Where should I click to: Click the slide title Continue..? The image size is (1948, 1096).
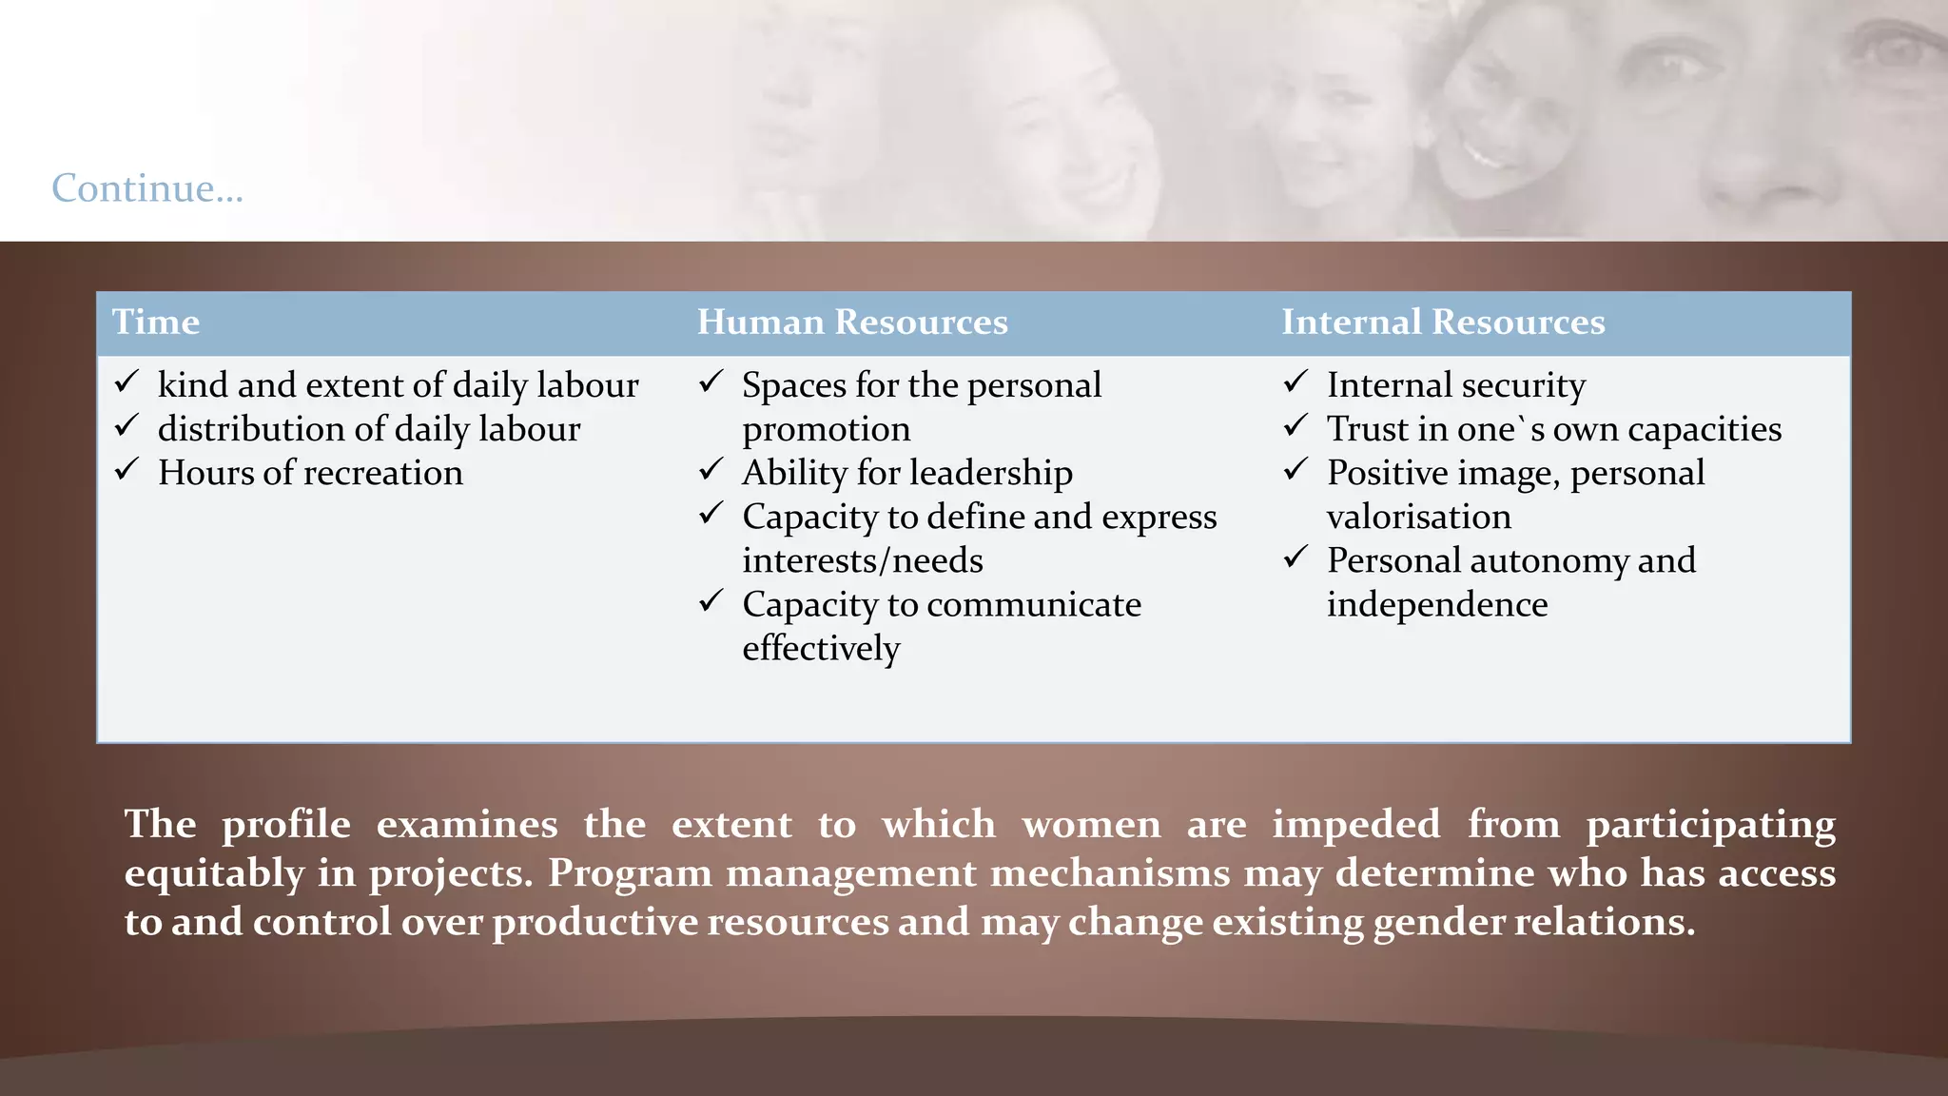tap(147, 188)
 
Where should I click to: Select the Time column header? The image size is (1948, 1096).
tap(156, 323)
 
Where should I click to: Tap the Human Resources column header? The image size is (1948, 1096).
tap(852, 323)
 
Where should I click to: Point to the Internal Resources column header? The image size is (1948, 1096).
tap(1443, 323)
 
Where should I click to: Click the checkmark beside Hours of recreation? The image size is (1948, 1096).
tap(127, 470)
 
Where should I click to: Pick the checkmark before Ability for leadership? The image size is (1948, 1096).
tap(711, 470)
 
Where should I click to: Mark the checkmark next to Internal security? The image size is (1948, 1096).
tap(1296, 382)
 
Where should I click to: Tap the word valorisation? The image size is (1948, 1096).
tap(1418, 517)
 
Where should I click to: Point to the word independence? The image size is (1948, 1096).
tap(1437, 604)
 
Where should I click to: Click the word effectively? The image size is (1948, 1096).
tap(821, 649)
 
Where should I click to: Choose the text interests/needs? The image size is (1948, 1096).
tap(863, 560)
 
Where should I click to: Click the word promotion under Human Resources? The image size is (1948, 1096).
tap(827, 430)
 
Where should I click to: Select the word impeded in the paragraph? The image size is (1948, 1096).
tap(1356, 824)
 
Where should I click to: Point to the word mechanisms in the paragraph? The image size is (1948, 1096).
tap(1110, 873)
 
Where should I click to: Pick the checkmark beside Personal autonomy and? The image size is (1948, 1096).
tap(1296, 558)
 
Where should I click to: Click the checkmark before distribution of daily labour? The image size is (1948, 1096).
tap(127, 426)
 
